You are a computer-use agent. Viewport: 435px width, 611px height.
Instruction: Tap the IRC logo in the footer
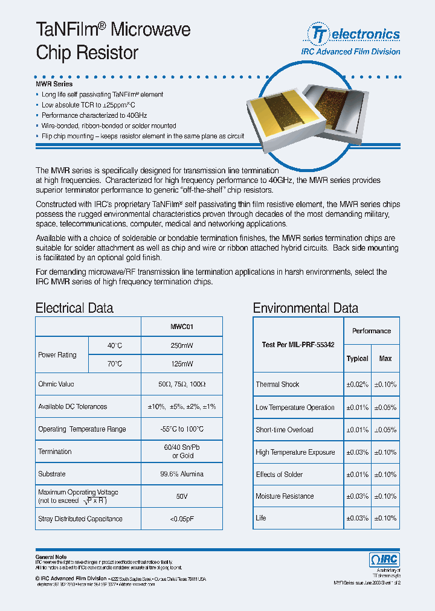(384, 560)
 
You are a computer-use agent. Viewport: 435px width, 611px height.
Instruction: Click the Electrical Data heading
(74, 308)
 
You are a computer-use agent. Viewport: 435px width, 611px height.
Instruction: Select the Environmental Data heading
(305, 308)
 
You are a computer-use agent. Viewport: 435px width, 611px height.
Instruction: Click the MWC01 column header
(182, 327)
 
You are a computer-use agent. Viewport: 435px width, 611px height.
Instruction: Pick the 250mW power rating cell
(182, 345)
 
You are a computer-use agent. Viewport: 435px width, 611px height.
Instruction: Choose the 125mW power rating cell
(182, 364)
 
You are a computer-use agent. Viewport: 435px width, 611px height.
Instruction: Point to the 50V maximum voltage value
(182, 496)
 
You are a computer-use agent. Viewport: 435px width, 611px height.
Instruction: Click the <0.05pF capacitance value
(182, 519)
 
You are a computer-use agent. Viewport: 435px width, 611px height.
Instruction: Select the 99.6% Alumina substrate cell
(182, 474)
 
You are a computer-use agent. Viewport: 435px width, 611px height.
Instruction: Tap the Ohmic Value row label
(56, 384)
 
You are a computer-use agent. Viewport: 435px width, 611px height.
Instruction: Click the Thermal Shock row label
(277, 384)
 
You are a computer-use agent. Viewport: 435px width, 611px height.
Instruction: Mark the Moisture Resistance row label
(285, 496)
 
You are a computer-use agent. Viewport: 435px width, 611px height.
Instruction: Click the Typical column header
(357, 359)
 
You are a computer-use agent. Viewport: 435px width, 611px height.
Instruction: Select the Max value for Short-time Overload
(385, 430)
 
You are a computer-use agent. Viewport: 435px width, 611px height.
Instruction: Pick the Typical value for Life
(357, 518)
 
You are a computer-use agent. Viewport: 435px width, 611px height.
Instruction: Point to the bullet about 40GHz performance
(94, 115)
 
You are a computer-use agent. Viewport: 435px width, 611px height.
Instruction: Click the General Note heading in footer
(51, 557)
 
